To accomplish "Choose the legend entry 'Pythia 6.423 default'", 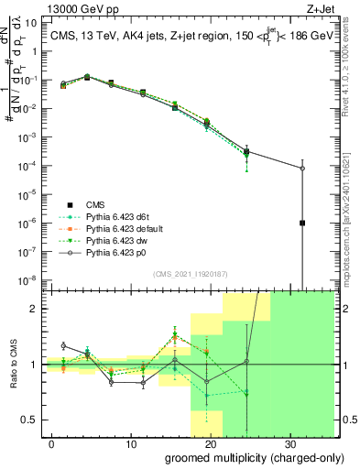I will tap(119, 227).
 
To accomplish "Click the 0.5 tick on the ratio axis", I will tap(30, 420).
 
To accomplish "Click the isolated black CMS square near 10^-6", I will tap(302, 223).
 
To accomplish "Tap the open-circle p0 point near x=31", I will tap(302, 168).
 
